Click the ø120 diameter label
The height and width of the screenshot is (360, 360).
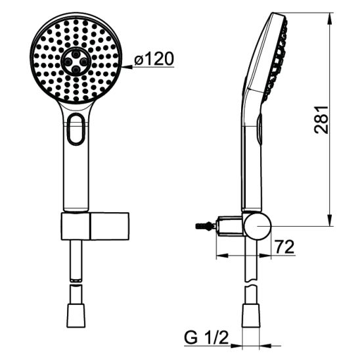coord(154,58)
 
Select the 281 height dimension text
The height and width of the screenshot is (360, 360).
coord(321,120)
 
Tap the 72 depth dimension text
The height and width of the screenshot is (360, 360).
coord(284,247)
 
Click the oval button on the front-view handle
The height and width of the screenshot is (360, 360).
coord(76,129)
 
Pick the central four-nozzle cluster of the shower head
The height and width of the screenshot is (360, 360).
coord(76,61)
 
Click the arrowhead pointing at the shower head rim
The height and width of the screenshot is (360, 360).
coord(127,67)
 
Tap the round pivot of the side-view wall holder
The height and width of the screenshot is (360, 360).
coord(258,225)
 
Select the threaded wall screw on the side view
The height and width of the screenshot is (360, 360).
coord(206,226)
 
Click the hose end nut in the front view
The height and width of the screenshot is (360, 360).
coord(76,315)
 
